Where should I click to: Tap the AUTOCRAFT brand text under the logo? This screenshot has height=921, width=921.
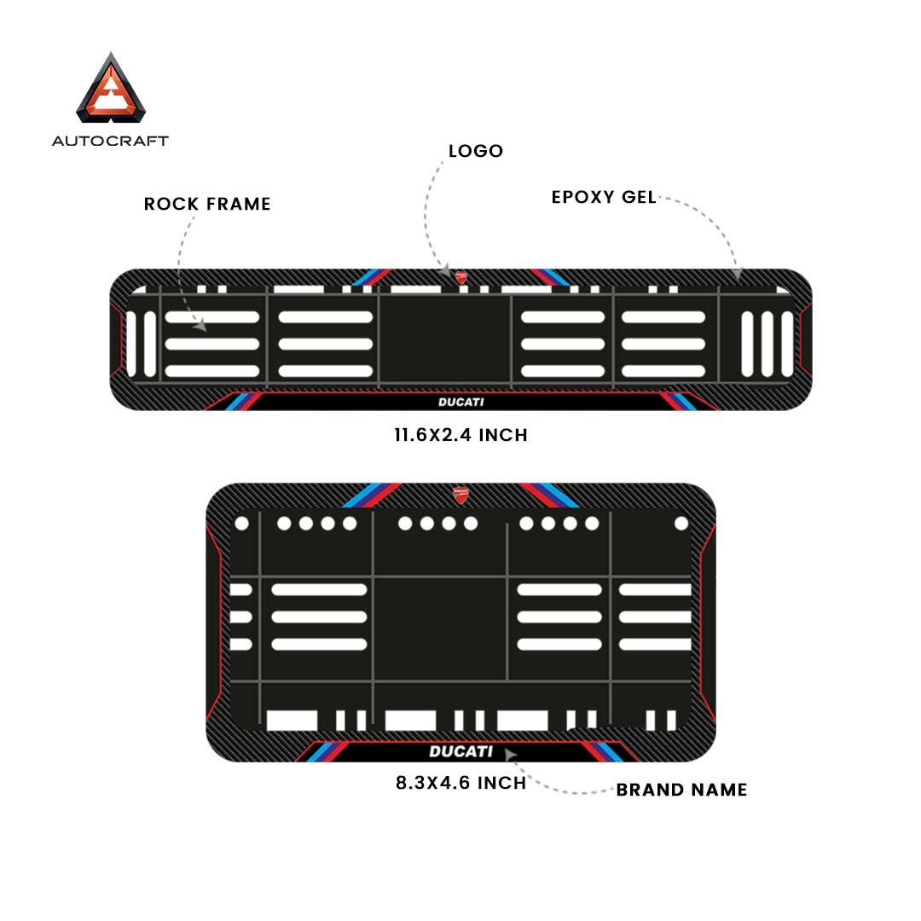(110, 141)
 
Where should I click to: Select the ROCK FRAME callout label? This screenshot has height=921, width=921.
(207, 204)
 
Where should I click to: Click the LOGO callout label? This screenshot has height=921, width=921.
(476, 152)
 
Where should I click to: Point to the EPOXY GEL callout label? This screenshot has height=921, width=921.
(604, 197)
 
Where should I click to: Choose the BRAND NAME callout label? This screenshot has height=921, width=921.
(681, 790)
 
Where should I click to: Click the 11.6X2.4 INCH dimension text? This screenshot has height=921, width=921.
(460, 435)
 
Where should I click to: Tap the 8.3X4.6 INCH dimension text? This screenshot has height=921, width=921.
(460, 782)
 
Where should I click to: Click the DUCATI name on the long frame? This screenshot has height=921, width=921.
(460, 403)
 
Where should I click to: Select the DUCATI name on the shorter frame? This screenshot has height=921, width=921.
(460, 751)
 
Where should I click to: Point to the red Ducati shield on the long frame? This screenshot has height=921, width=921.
(460, 277)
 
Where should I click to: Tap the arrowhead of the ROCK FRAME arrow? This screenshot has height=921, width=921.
(201, 325)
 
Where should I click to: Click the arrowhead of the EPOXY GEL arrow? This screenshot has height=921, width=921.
(738, 275)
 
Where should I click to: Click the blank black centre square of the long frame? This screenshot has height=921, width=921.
(444, 339)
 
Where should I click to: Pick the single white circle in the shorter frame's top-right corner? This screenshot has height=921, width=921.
(681, 523)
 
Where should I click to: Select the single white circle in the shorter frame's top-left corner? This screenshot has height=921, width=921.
(241, 523)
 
